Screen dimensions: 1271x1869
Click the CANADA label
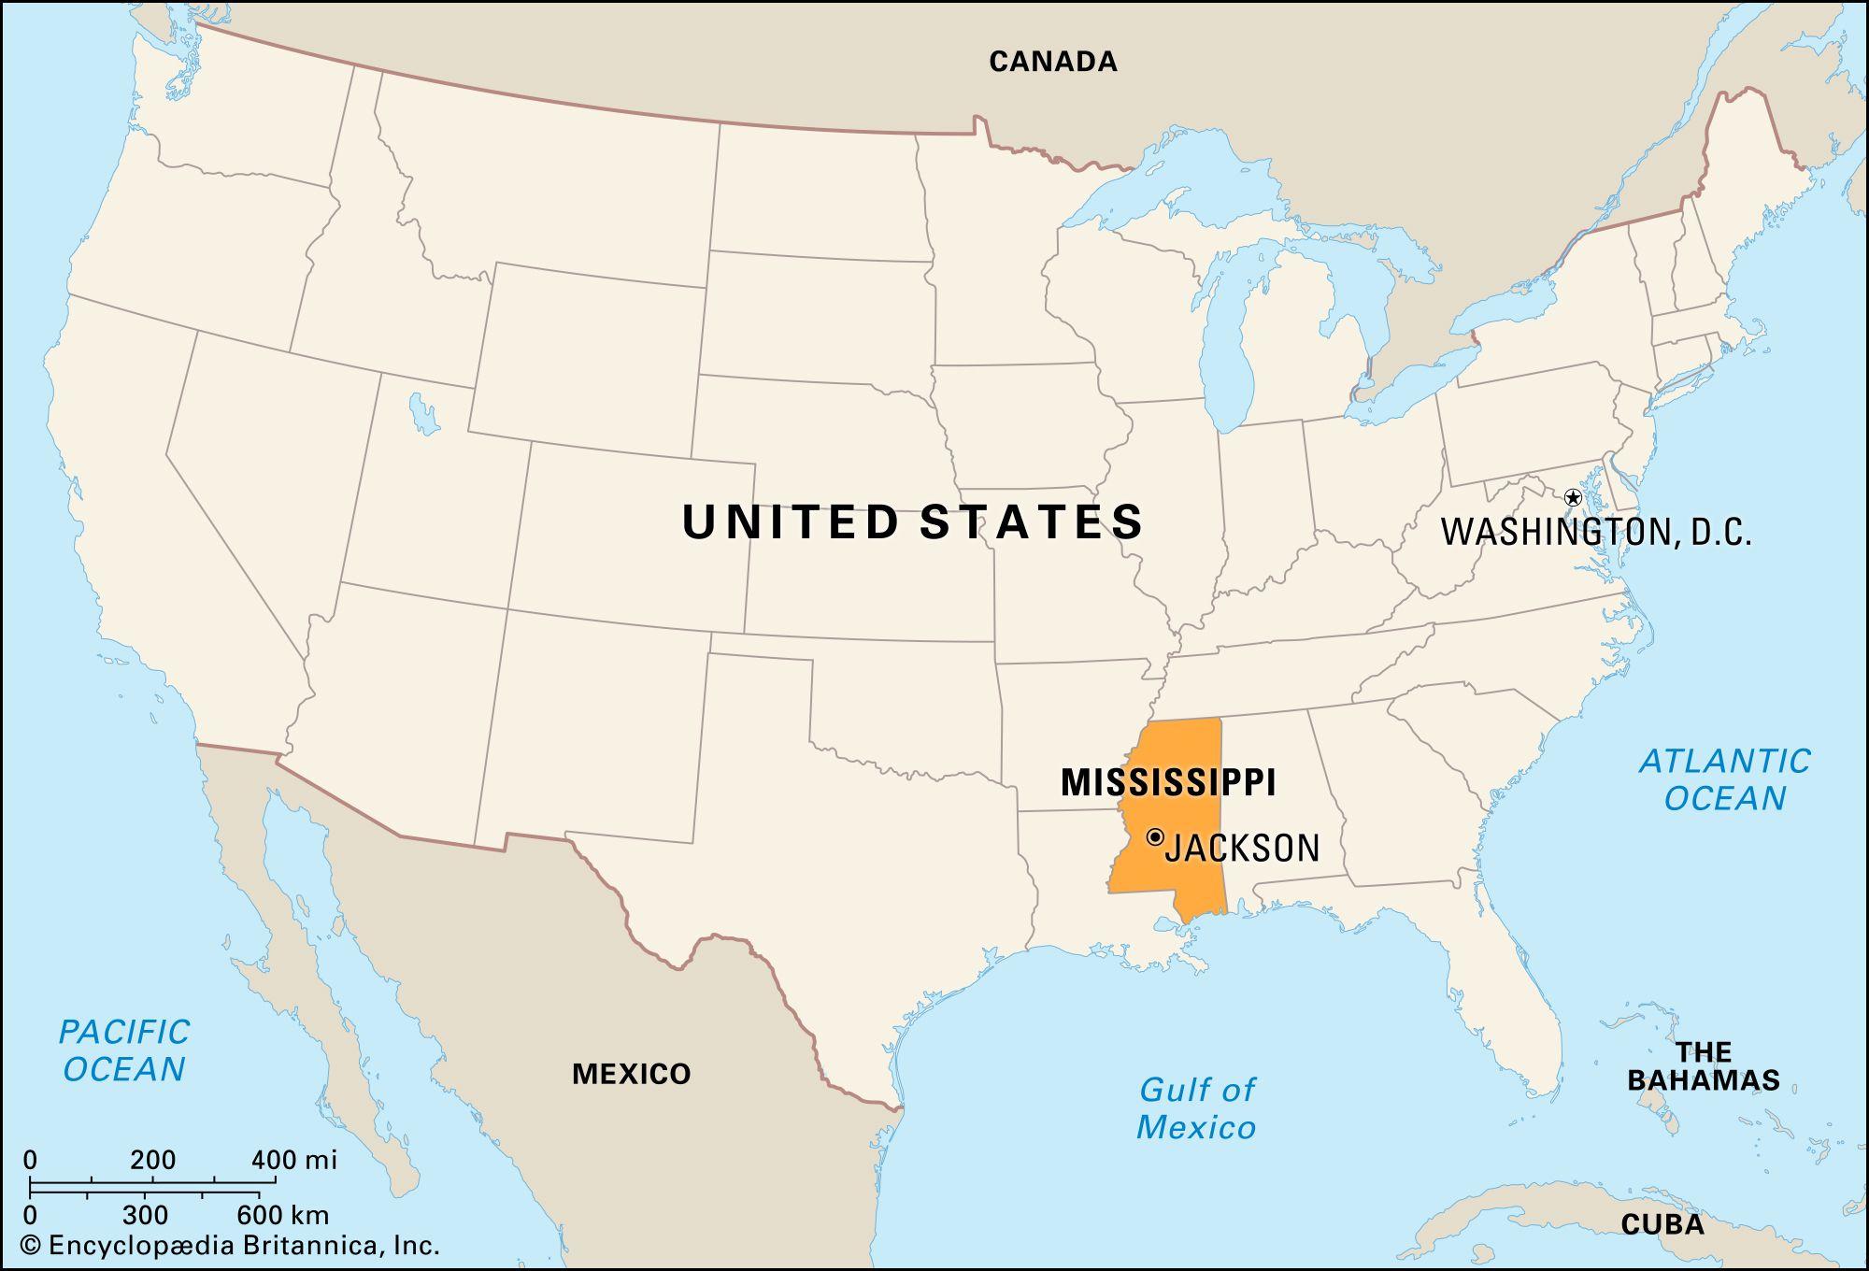1053,62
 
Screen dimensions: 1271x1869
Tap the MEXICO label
631,1074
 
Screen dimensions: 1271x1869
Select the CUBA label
1662,1224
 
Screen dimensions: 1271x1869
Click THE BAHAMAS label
1704,1066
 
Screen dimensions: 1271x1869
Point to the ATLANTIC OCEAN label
1725,779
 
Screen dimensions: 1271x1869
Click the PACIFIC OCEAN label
124,1050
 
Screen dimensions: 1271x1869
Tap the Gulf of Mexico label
1196,1108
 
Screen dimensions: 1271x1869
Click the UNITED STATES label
913,521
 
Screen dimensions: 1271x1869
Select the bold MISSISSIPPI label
1168,782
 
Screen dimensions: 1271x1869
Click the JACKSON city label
1242,848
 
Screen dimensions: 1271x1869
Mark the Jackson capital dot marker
1156,836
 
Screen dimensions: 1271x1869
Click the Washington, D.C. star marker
1573,497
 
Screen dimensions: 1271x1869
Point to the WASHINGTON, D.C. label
1596,532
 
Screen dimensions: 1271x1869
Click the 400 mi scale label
294,1161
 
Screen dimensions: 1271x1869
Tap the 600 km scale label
282,1215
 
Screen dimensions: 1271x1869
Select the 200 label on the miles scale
152,1161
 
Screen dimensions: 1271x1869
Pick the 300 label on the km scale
145,1215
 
